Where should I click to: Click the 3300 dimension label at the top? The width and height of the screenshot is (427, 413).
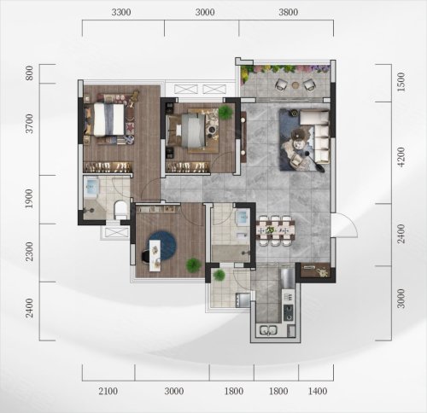[121, 12]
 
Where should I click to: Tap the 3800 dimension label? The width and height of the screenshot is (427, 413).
[289, 12]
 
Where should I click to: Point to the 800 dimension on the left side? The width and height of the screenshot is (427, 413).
[29, 73]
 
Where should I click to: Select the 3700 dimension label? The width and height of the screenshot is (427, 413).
[29, 124]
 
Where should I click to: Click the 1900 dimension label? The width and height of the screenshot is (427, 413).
[29, 199]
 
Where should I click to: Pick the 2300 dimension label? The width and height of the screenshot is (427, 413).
[29, 252]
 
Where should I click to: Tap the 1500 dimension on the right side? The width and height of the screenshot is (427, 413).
[401, 82]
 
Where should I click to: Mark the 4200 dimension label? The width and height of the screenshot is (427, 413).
[401, 157]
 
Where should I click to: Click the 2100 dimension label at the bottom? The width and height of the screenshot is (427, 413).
[108, 392]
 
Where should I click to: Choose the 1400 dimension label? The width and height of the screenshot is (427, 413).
[318, 392]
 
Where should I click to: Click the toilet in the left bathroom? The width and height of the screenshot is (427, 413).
[120, 210]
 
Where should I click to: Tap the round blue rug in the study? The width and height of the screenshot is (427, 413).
[161, 246]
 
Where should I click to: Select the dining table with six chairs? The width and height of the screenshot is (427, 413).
[275, 230]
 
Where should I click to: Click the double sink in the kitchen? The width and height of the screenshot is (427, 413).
[268, 330]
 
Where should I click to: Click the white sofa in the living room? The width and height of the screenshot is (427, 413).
[318, 137]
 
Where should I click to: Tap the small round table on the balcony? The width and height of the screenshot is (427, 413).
[295, 84]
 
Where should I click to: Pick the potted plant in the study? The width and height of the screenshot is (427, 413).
[193, 265]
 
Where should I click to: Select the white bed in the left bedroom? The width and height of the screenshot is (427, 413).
[109, 119]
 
